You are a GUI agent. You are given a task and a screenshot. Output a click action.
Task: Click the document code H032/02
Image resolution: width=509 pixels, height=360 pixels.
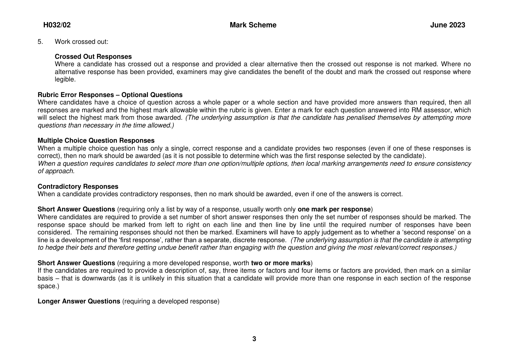click(x=57, y=25)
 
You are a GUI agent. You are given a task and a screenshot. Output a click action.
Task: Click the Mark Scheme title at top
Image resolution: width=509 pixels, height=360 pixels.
click(x=253, y=25)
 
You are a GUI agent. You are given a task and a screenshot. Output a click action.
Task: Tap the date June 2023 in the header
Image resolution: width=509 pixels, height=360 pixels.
click(x=447, y=25)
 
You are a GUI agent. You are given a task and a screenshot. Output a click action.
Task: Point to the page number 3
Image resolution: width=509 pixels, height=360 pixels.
click(x=254, y=339)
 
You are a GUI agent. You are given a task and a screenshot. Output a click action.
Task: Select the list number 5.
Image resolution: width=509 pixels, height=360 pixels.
click(x=40, y=42)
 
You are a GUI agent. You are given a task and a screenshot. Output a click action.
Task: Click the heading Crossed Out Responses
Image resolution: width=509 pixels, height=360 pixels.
click(x=93, y=57)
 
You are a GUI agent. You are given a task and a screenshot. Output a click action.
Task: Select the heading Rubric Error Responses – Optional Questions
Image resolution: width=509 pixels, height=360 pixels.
click(x=110, y=95)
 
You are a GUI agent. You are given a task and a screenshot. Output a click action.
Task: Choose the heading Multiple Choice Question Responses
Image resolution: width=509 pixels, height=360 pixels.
click(x=96, y=141)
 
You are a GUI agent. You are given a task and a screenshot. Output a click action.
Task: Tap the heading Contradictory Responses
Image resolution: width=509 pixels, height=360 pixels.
click(x=78, y=187)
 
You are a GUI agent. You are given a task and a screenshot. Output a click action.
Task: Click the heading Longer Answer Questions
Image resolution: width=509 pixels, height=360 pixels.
click(x=79, y=301)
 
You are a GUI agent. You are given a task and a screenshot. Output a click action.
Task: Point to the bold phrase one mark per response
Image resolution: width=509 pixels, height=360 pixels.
click(x=334, y=209)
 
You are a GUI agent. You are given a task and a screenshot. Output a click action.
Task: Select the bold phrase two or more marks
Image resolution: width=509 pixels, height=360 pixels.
click(x=281, y=263)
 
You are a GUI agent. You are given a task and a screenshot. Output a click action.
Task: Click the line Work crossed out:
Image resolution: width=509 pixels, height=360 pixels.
click(x=81, y=42)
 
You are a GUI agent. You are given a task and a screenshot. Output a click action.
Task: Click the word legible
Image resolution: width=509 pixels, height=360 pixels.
click(x=65, y=80)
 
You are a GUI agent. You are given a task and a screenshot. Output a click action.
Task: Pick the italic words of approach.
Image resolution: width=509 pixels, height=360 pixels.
click(x=56, y=171)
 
